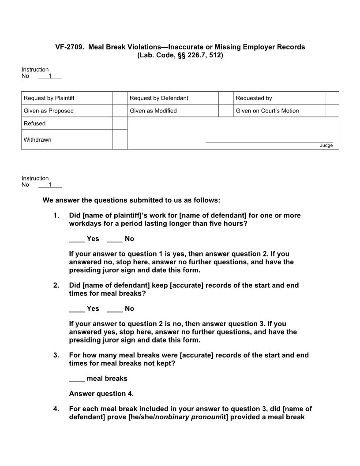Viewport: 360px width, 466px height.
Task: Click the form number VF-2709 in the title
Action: click(69, 47)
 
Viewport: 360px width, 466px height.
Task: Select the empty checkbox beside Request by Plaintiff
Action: click(120, 98)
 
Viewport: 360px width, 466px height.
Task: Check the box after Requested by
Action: click(332, 98)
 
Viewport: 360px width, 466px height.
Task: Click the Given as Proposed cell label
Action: click(49, 111)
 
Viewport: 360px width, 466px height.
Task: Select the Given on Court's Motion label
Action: click(267, 111)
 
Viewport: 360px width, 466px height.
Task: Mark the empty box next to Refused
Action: click(120, 124)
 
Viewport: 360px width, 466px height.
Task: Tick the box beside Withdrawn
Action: click(120, 139)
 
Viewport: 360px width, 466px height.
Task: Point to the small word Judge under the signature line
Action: click(326, 146)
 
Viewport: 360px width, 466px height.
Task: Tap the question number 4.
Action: click(56, 409)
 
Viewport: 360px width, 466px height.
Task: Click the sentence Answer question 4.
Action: click(101, 394)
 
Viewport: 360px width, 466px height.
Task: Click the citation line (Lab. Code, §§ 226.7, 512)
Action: click(180, 55)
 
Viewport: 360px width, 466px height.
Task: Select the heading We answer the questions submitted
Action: click(131, 200)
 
